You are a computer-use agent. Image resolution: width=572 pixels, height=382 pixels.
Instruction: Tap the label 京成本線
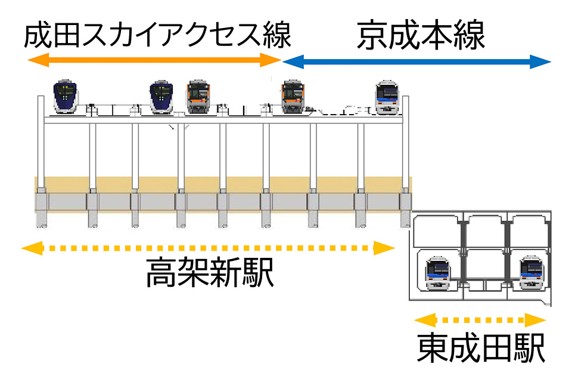tap(421, 35)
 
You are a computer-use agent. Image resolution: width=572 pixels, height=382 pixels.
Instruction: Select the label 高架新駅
tap(210, 272)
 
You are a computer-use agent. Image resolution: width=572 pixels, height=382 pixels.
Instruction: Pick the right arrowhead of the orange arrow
tap(271, 60)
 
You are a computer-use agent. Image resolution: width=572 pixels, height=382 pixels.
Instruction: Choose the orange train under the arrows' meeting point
tap(293, 97)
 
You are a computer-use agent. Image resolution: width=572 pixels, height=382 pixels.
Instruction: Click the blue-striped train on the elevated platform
tap(387, 98)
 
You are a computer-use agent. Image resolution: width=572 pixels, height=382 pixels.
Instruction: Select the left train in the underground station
tap(438, 273)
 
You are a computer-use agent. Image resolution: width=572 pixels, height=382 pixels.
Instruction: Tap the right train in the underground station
tap(532, 273)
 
